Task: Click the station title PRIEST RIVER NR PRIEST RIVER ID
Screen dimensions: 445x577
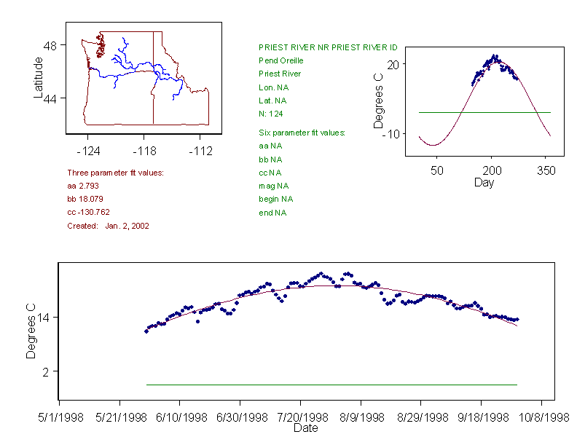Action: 328,47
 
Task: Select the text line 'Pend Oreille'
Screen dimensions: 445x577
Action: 281,60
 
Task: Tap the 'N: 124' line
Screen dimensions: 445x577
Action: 271,114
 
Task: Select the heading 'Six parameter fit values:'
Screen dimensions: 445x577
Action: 302,133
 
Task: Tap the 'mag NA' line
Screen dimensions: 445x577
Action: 271,186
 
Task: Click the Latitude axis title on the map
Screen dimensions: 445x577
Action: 39,78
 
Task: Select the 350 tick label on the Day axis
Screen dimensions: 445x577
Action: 546,171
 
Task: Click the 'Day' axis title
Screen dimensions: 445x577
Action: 484,182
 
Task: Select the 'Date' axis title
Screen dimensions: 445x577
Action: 305,428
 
